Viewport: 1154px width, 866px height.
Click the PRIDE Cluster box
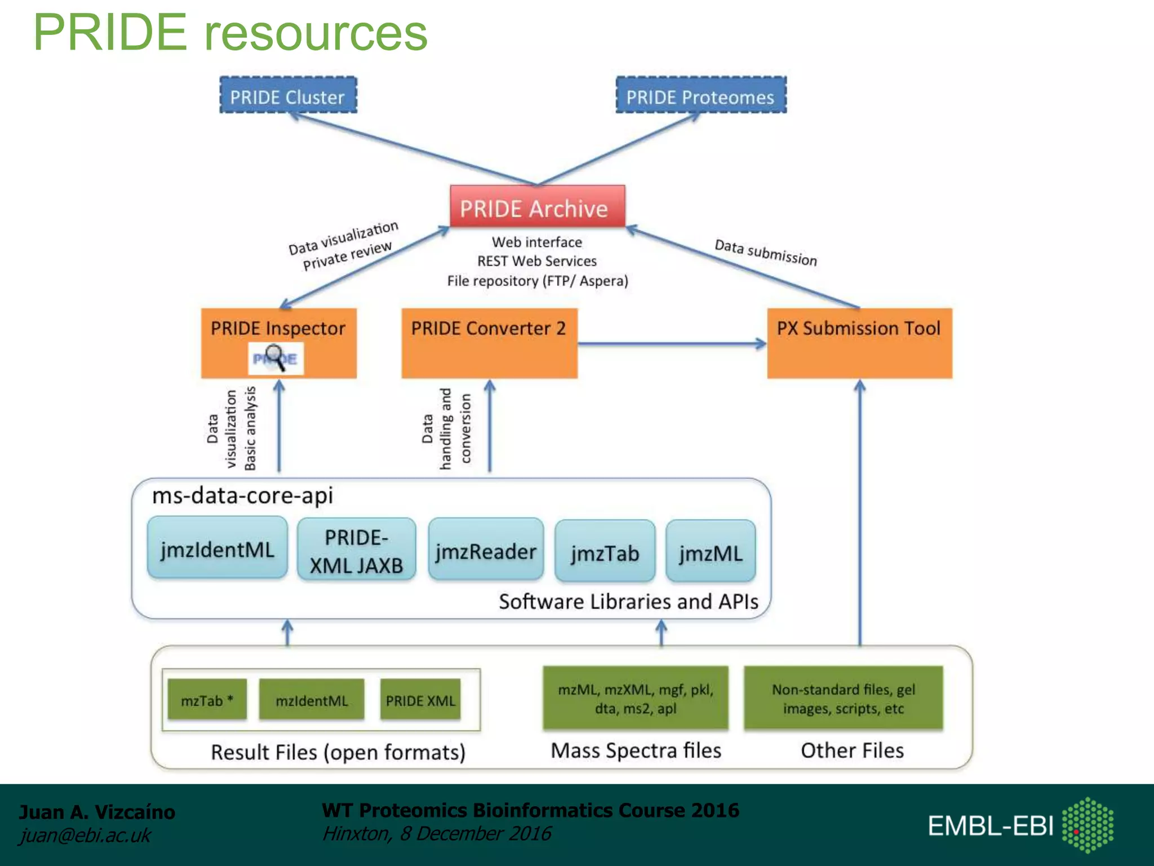288,96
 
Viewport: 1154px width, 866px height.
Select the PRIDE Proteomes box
700,96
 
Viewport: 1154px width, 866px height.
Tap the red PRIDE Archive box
537,207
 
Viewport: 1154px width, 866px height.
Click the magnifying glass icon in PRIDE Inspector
276,358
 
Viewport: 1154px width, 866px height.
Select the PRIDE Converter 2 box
489,343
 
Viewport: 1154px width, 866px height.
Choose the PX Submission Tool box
859,343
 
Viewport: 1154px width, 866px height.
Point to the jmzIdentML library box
218,548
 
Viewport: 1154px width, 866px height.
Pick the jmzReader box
486,551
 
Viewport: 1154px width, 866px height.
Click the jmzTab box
605,552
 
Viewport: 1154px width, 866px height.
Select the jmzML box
710,552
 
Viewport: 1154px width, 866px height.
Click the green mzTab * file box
207,700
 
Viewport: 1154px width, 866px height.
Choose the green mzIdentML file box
312,700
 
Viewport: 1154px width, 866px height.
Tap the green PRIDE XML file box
420,700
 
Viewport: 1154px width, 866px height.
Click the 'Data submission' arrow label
765,252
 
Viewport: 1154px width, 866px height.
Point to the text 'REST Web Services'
536,261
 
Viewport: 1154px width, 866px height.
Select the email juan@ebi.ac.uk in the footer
85,835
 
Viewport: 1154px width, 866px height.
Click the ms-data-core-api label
242,495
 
